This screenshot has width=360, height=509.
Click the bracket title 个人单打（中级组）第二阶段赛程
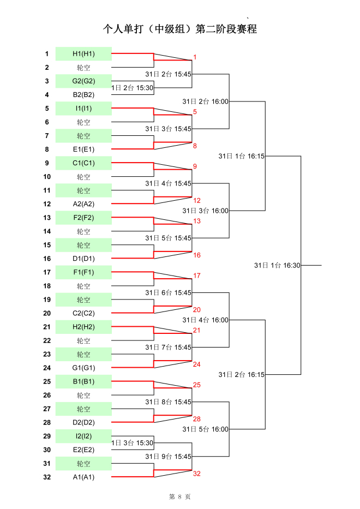(180, 29)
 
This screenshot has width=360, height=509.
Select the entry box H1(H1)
(83, 53)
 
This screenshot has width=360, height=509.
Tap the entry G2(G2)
(83, 81)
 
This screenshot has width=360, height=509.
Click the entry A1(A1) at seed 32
(83, 477)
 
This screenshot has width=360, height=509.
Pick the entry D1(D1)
(83, 259)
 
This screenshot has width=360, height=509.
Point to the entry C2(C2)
(83, 313)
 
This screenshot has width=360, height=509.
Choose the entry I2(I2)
(83, 436)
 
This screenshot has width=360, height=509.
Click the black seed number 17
(47, 272)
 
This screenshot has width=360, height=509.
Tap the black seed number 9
(47, 163)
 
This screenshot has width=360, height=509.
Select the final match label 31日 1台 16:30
(277, 266)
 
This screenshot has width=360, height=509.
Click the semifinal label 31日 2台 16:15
(242, 375)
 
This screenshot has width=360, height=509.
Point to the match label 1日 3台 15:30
(132, 443)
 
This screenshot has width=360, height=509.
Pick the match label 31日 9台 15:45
(168, 457)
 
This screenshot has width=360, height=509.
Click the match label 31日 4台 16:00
(206, 320)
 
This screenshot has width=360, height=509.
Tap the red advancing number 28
(197, 419)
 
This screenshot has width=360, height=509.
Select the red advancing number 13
(197, 221)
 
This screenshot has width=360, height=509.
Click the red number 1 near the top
(195, 57)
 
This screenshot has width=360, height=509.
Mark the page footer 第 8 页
(180, 496)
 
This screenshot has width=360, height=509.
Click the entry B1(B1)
(83, 381)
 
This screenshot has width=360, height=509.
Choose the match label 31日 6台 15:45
(168, 293)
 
